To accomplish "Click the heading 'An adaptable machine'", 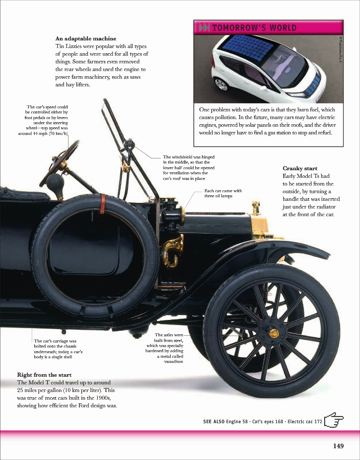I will (x=85, y=38).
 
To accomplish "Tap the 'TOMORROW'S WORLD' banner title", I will (x=254, y=28).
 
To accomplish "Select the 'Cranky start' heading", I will (x=300, y=168).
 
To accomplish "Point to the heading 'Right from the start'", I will (x=44, y=375).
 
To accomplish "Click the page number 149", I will (x=338, y=446).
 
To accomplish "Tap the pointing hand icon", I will (x=334, y=420).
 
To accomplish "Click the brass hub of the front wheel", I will (x=274, y=333).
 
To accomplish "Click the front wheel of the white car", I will (x=220, y=83).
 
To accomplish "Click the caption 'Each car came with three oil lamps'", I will (x=222, y=193).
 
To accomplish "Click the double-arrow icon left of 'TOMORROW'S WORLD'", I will (x=203, y=28).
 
